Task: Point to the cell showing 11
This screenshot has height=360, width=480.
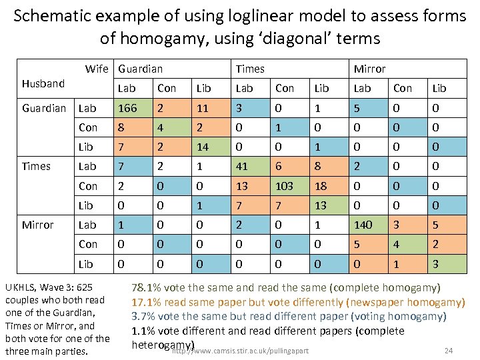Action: [x=203, y=108]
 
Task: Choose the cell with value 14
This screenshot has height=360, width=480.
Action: [x=203, y=147]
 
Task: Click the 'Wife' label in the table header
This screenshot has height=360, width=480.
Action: [x=97, y=69]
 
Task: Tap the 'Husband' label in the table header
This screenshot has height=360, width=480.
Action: [x=43, y=83]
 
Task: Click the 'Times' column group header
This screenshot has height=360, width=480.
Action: [x=250, y=69]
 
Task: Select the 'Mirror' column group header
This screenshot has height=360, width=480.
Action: [x=369, y=69]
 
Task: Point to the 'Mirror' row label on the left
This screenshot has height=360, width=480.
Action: [x=38, y=225]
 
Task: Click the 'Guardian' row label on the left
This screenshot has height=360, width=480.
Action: [x=44, y=108]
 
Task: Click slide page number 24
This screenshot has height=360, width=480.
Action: [x=448, y=351]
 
